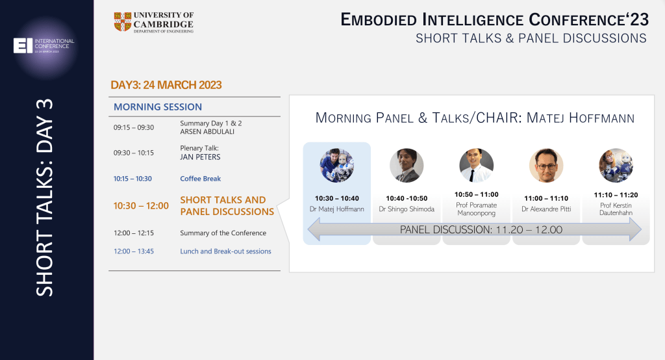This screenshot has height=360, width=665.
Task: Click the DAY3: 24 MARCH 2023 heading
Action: pos(166,85)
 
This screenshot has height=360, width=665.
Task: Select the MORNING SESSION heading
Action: pos(158,107)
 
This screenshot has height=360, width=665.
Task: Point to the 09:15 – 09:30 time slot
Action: pos(134,127)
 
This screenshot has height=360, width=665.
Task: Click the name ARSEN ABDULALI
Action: pos(207,132)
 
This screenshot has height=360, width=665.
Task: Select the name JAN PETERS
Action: pos(200,157)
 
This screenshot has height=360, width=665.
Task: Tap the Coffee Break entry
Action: pos(201,179)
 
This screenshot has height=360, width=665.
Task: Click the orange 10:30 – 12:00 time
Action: pos(141,205)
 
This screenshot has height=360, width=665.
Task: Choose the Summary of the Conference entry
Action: pos(223,233)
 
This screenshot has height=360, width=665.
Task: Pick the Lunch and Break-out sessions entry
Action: pos(225,251)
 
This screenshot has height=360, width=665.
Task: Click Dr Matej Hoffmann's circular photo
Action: pos(336,166)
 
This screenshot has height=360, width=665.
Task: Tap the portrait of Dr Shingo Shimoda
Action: pos(407,166)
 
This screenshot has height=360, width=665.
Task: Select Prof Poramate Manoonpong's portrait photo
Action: pos(476,166)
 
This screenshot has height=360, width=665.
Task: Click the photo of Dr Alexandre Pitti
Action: pos(546,166)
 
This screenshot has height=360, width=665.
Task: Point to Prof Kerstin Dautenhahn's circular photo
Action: pos(616,166)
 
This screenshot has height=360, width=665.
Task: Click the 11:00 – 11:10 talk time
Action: pos(546,198)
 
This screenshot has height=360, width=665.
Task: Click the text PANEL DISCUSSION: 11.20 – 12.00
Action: pos(481,229)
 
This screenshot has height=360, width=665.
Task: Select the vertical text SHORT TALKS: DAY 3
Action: pos(45,198)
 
